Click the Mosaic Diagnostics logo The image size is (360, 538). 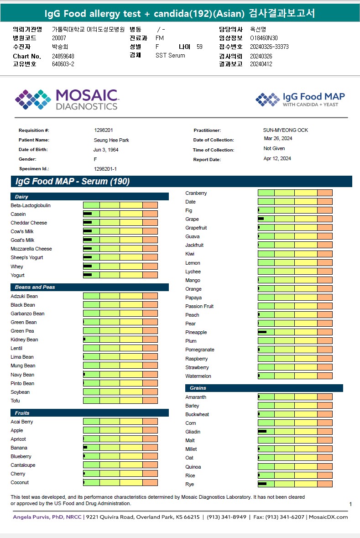click(x=67, y=99)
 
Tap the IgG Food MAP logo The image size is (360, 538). click(x=300, y=99)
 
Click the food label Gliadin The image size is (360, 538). click(x=193, y=432)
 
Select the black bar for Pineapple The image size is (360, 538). click(x=262, y=332)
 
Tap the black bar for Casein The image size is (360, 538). click(x=88, y=214)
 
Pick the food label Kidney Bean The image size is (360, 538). click(x=24, y=340)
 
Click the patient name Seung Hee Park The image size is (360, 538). click(x=111, y=140)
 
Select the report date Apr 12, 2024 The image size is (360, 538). click(x=277, y=159)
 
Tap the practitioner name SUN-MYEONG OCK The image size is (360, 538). click(x=285, y=130)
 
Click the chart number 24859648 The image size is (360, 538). click(x=63, y=56)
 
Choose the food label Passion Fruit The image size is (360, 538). click(x=199, y=306)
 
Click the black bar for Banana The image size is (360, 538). click(x=85, y=448)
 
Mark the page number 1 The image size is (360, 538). click(x=350, y=504)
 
